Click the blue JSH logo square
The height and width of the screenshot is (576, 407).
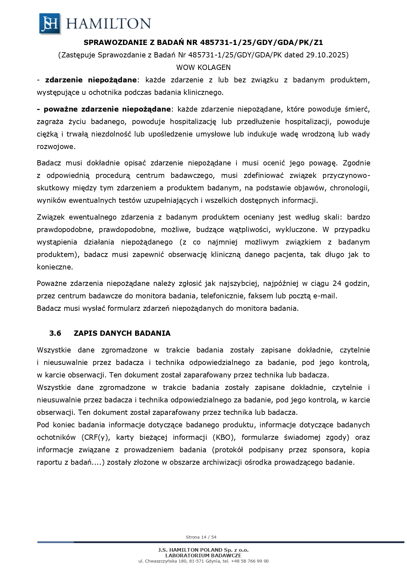point(50,24)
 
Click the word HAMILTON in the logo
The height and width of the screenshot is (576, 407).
point(109,24)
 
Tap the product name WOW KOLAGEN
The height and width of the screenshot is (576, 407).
point(203,67)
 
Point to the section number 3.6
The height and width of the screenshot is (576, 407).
point(55,333)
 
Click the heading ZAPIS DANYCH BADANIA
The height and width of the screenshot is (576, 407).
point(122,333)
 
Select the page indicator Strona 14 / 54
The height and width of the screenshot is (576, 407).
point(201,537)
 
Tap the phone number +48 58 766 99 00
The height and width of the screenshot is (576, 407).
point(250,561)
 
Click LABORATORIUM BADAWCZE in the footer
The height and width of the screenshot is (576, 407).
point(203,555)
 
